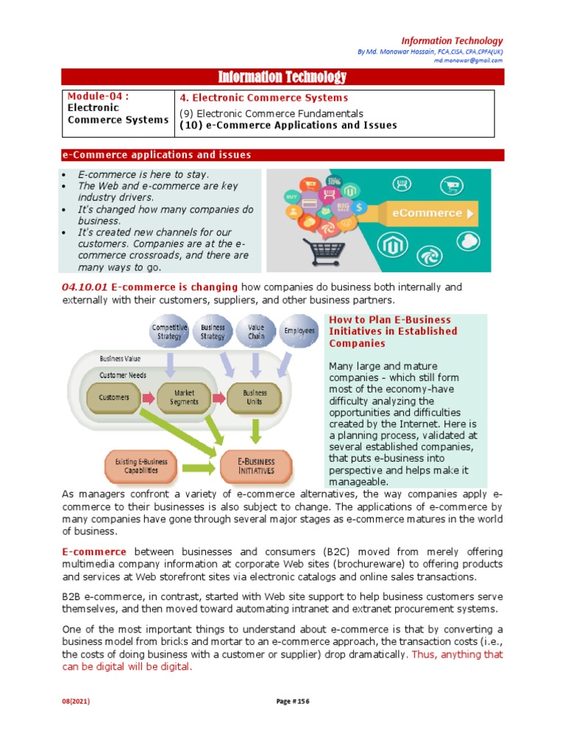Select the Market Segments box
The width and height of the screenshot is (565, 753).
coord(184,398)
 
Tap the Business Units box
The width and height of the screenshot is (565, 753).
coord(255,398)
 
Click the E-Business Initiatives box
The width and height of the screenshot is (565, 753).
coord(255,465)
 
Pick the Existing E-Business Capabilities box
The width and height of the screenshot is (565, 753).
coord(141,465)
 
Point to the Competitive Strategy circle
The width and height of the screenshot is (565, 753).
coord(170,332)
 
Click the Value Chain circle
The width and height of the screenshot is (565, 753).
coord(256,332)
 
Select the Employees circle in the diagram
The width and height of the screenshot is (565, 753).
coord(299,332)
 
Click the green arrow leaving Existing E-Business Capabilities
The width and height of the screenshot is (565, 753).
coord(196,466)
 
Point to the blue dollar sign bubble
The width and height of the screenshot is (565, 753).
coord(358,208)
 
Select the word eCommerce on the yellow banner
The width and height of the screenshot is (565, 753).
coord(427,214)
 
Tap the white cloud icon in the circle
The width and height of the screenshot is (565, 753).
coord(467,240)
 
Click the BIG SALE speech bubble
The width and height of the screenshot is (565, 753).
coord(343,206)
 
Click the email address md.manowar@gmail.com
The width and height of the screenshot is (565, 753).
coord(468,61)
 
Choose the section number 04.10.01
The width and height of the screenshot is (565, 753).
coord(84,287)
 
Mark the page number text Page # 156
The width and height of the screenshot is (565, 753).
coord(282,722)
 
